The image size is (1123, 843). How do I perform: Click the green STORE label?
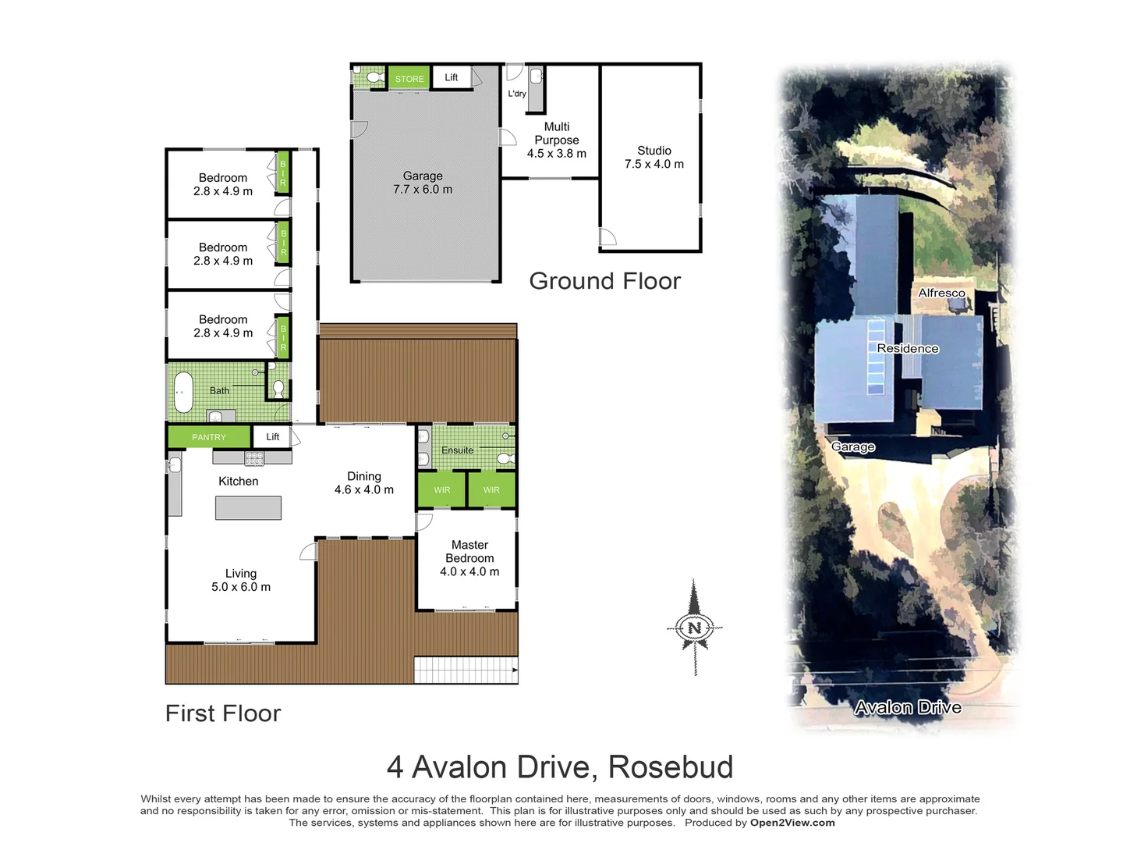coord(409,78)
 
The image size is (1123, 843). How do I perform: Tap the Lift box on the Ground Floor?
coord(452,77)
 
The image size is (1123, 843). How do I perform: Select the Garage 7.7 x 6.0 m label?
coord(423,183)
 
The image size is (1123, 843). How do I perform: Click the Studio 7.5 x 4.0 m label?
coord(654,157)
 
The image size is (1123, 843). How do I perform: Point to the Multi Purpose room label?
coord(556,140)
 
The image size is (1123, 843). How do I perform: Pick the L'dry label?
coord(517,94)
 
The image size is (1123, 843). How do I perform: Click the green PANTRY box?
coord(209,437)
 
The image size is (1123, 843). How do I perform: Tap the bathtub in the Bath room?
coord(183,391)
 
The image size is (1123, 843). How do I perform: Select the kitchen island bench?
coord(248,508)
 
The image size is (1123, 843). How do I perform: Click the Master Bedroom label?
coord(469,558)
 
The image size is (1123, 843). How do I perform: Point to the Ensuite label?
coord(457,450)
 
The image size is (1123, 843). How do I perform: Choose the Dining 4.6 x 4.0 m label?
coord(364,483)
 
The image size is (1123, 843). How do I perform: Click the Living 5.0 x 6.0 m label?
coord(241,580)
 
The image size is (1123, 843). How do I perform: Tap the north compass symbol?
coord(695,627)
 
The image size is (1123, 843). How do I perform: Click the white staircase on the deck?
coord(465,670)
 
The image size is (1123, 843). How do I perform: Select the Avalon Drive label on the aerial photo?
coord(908,708)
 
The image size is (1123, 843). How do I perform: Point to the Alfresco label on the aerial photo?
coord(941,293)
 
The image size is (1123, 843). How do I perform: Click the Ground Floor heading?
coord(604,281)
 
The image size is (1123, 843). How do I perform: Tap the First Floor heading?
coord(223,713)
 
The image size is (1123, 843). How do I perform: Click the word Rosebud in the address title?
coord(671,767)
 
